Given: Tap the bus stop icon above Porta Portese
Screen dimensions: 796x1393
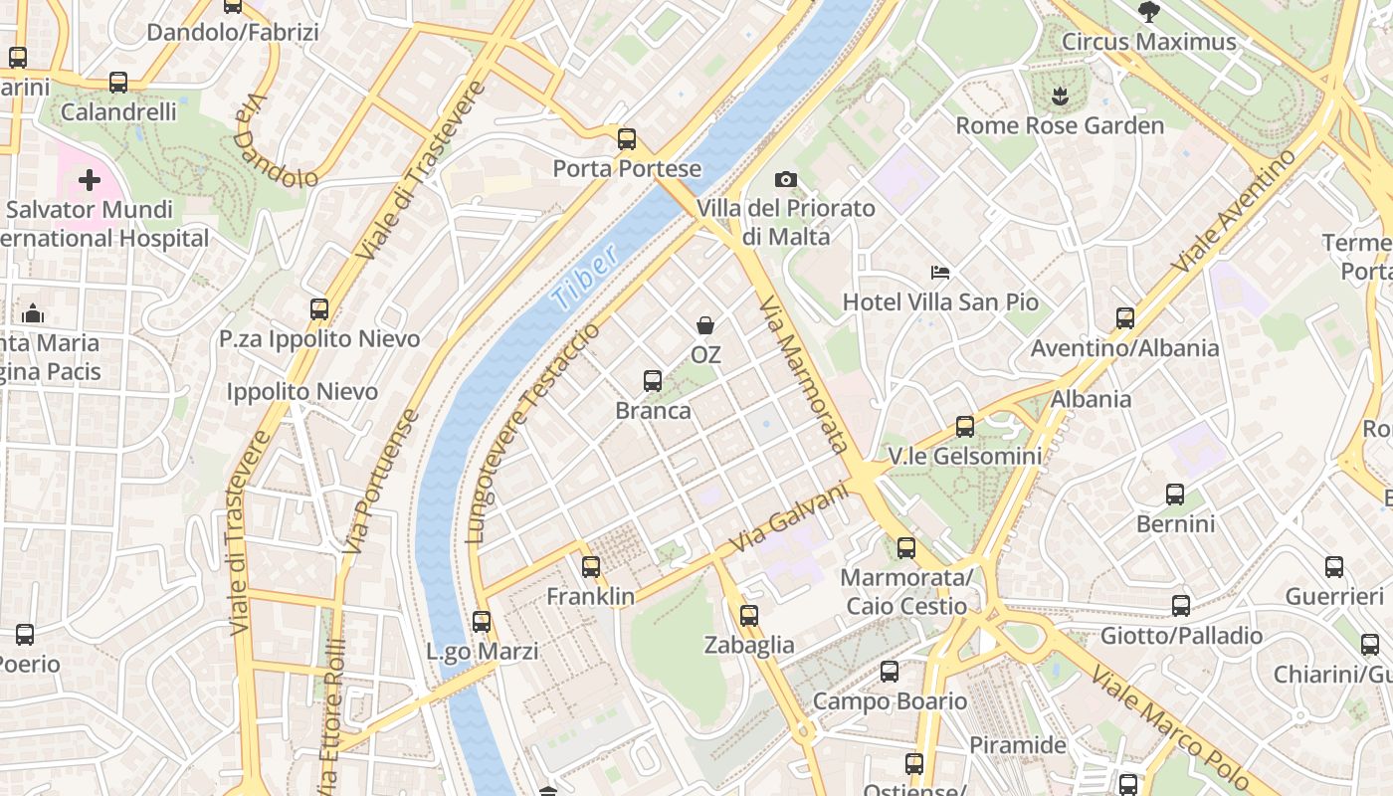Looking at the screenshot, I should click(626, 139).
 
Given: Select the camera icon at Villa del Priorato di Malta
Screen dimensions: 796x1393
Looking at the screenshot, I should click(786, 179).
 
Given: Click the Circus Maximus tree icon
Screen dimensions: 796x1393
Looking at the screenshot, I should click(1148, 12).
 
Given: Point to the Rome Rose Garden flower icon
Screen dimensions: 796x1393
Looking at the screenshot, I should click(1059, 97).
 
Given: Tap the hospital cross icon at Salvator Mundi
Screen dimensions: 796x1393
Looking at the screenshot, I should click(90, 180).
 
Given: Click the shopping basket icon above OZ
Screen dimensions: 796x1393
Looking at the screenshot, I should click(705, 325).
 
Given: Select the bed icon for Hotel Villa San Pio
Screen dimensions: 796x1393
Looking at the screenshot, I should click(940, 272).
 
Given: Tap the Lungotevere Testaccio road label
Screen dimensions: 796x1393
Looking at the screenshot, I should click(534, 432).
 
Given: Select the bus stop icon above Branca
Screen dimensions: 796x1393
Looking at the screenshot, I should click(653, 381).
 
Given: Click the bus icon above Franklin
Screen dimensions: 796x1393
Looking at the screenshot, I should click(591, 567).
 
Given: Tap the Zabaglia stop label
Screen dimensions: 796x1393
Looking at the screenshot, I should click(749, 645).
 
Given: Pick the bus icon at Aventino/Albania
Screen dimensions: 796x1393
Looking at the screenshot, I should click(1124, 318).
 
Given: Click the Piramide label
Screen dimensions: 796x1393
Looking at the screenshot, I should click(1017, 744).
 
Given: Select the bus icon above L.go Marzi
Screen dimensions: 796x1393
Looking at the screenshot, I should click(482, 622).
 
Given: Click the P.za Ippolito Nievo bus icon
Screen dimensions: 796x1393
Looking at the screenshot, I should click(318, 309).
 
